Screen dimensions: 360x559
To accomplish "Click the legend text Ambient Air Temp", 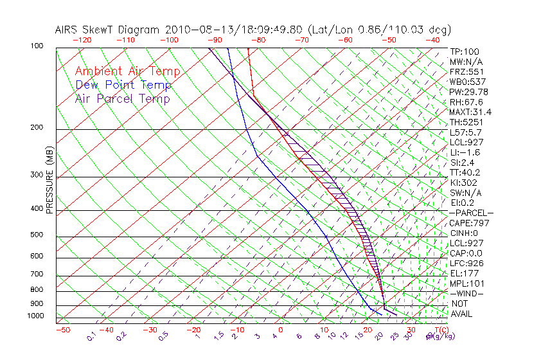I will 127,72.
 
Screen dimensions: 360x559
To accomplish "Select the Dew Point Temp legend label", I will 123,85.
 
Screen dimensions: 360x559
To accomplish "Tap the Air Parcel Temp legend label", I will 122,99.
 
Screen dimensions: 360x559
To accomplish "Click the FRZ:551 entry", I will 466,72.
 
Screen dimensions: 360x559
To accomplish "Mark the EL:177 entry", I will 464,273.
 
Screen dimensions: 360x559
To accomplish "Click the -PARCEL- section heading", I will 471,213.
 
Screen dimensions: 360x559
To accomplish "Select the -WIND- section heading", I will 466,293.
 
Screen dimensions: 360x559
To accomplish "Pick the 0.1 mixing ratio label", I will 91,336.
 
